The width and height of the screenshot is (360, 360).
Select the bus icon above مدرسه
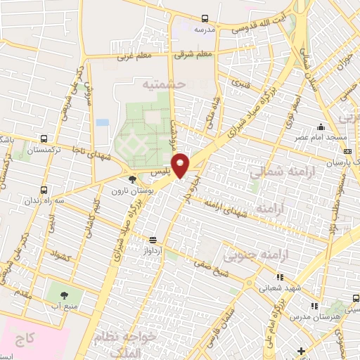[x=205, y=19]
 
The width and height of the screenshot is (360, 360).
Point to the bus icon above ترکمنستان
[x=44, y=139]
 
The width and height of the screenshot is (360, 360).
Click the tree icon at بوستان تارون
[x=132, y=180]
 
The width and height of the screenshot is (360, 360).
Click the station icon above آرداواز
[x=153, y=240]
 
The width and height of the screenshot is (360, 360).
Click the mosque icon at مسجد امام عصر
[x=321, y=128]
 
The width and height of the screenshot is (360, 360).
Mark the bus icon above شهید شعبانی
[x=280, y=277]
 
